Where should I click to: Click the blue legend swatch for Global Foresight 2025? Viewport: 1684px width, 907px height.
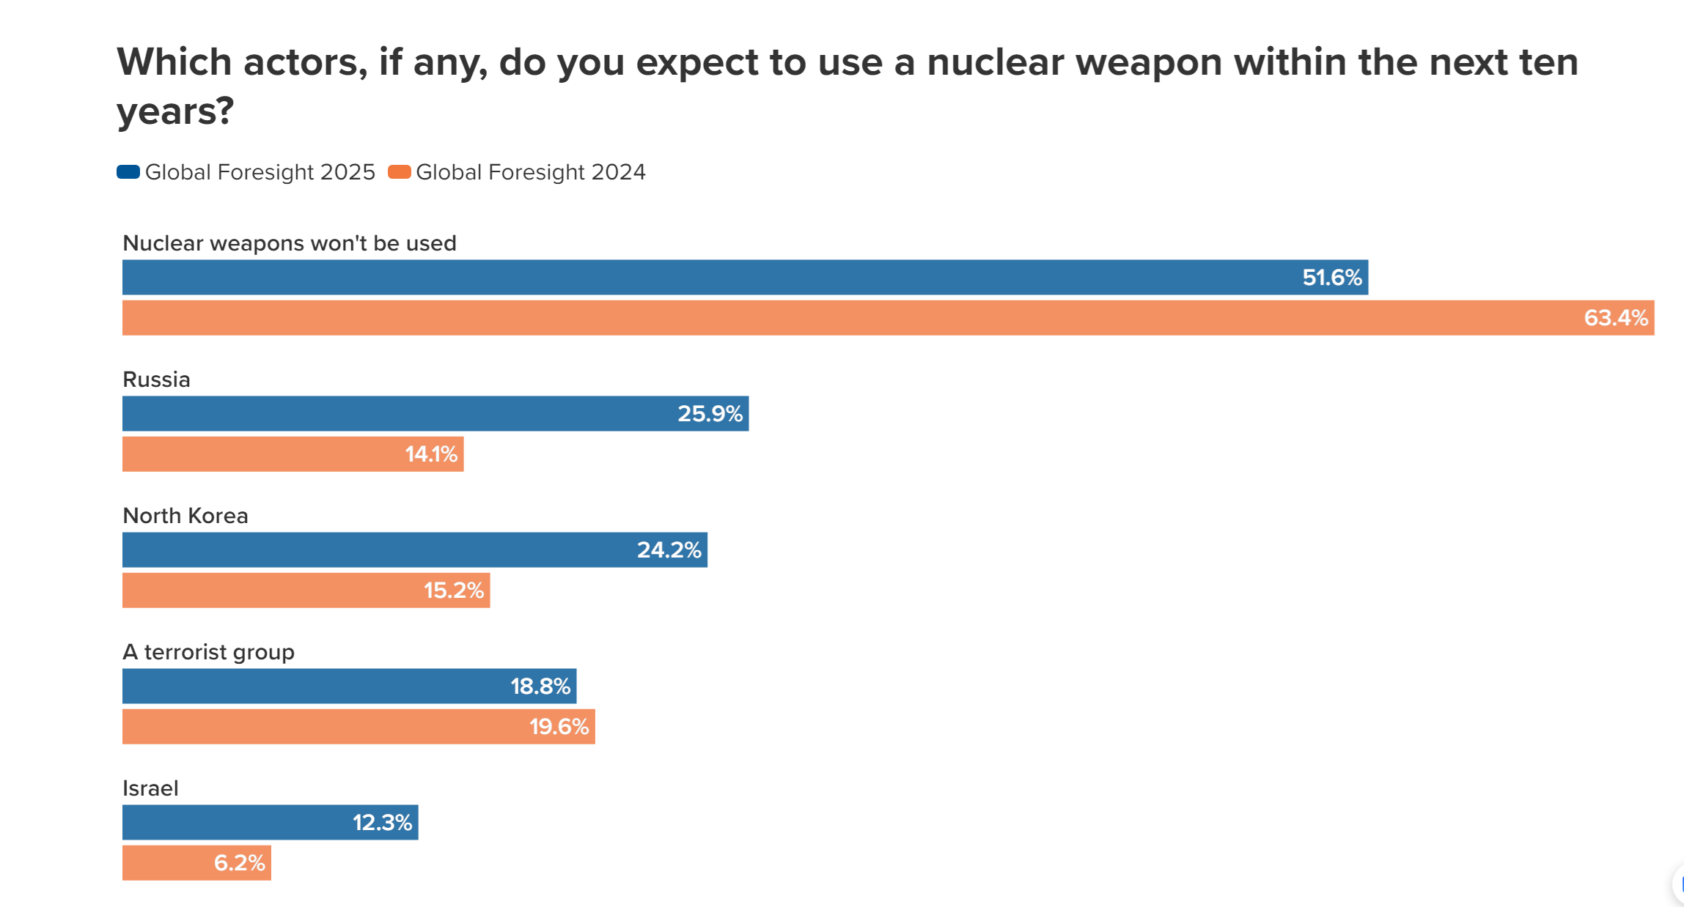pos(128,172)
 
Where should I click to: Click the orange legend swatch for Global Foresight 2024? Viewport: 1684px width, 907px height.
pos(399,172)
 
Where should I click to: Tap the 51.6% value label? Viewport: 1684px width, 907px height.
pos(1331,278)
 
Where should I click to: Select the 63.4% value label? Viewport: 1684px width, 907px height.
pos(1615,318)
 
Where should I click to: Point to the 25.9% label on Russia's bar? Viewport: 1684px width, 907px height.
pos(710,414)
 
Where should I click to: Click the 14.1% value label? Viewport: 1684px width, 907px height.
pos(431,454)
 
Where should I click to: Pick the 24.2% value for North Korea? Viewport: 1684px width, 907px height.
pos(669,550)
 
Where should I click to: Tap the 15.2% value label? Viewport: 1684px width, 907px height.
pos(453,591)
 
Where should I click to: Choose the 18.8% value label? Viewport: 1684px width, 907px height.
pos(540,686)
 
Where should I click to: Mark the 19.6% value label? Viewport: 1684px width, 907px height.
pos(559,727)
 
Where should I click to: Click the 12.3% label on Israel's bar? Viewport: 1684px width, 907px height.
pos(382,823)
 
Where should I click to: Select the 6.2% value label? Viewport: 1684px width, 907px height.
pos(239,863)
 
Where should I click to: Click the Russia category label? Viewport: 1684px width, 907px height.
pos(156,380)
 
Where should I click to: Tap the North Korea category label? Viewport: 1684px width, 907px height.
pos(185,516)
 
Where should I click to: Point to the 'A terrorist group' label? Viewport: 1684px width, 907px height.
pos(208,652)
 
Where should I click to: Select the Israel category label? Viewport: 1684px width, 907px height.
pos(150,788)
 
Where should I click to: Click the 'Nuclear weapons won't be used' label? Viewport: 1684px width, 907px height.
pos(290,243)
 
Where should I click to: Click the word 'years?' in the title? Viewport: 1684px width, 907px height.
pos(175,111)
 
